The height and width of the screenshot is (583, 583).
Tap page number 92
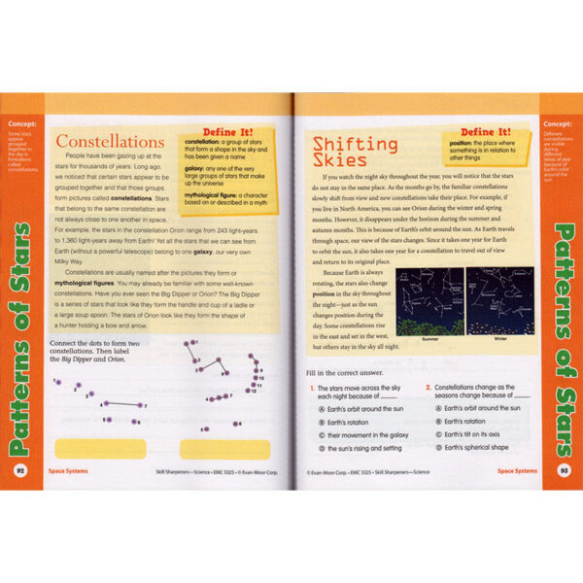coord(19,470)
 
